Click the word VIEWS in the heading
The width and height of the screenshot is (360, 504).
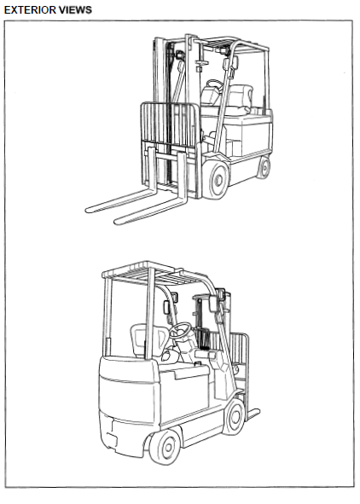pyautogui.click(x=76, y=10)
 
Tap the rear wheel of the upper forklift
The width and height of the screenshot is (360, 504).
pyautogui.click(x=264, y=167)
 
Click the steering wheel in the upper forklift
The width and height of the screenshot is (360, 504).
pyautogui.click(x=215, y=85)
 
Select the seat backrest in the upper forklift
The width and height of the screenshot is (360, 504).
pyautogui.click(x=241, y=96)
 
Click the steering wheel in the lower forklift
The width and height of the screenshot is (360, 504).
pyautogui.click(x=180, y=330)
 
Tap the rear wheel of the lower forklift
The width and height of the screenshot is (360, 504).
pyautogui.click(x=165, y=447)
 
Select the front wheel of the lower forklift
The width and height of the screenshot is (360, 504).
pyautogui.click(x=235, y=416)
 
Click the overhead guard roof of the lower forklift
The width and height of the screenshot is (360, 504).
pyautogui.click(x=151, y=273)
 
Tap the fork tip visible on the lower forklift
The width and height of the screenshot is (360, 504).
pyautogui.click(x=257, y=412)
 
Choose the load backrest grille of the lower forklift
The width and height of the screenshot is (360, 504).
pyautogui.click(x=239, y=354)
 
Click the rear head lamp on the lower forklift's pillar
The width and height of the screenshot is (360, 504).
pyautogui.click(x=167, y=308)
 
